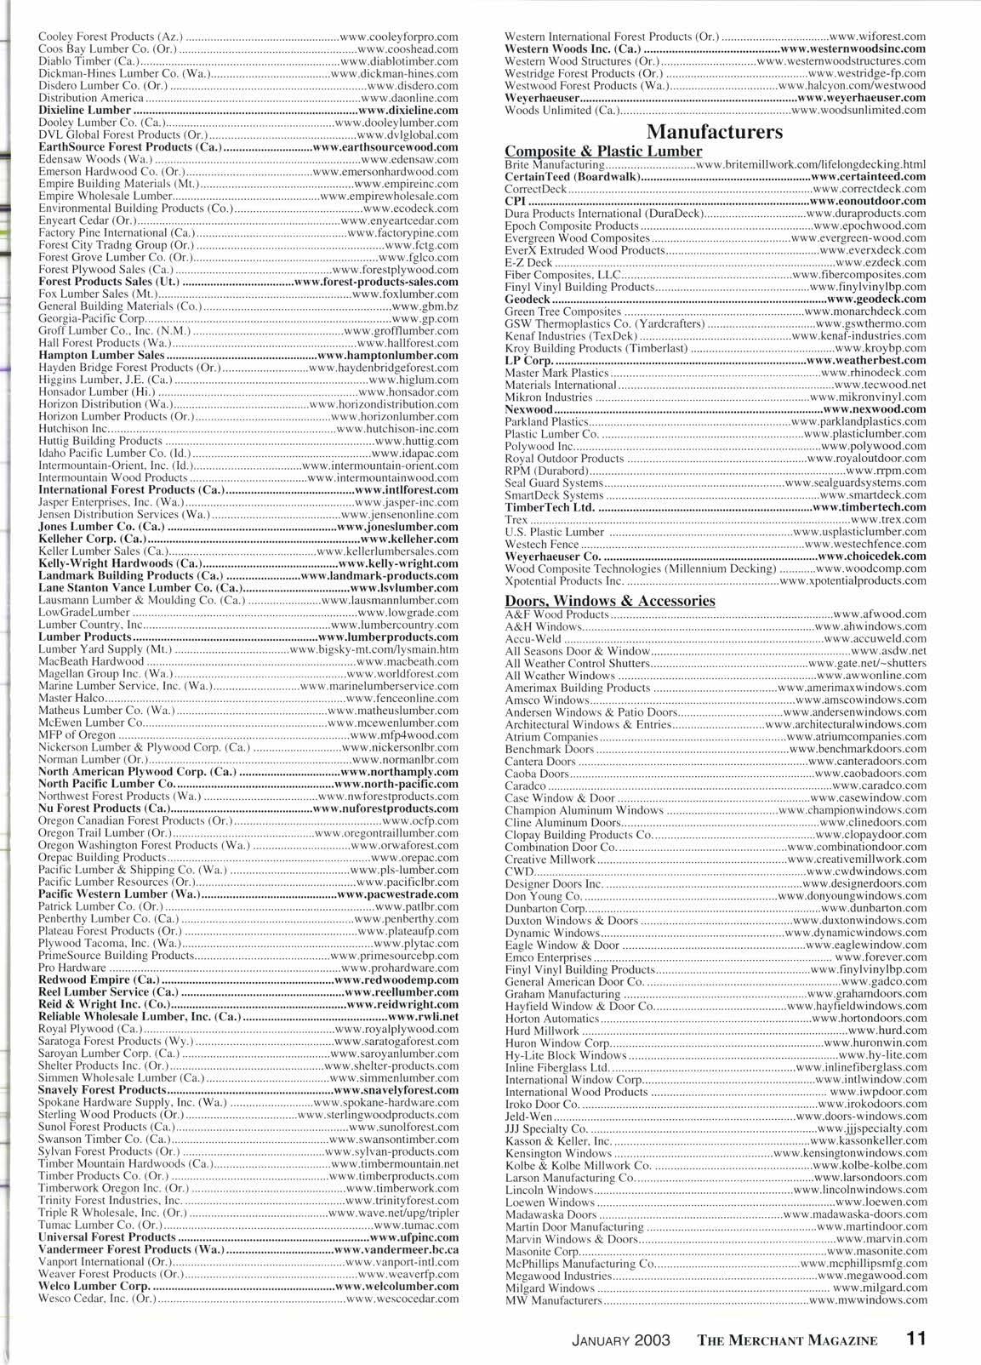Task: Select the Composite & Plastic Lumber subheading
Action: point(602,151)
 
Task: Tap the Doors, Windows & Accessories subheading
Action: point(609,601)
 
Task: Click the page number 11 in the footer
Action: point(915,1338)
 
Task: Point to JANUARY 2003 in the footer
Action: point(620,1339)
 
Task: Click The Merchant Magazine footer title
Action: point(787,1339)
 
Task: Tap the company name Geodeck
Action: point(527,300)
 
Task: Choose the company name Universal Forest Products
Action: point(106,1236)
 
